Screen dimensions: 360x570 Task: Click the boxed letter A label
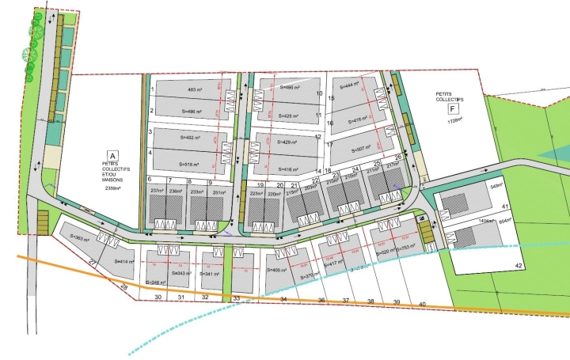[112, 156]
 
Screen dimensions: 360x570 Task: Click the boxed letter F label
[453, 107]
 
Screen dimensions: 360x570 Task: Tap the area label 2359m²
[112, 188]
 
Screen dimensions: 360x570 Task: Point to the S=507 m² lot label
[349, 148]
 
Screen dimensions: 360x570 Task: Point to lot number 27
[93, 262]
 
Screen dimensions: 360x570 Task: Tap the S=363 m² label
[81, 237]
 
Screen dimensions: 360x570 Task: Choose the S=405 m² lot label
[276, 270]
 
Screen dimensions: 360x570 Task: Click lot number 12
[317, 136]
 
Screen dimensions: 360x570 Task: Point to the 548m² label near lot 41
[496, 187]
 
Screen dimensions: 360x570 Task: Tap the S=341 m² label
[211, 274]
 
